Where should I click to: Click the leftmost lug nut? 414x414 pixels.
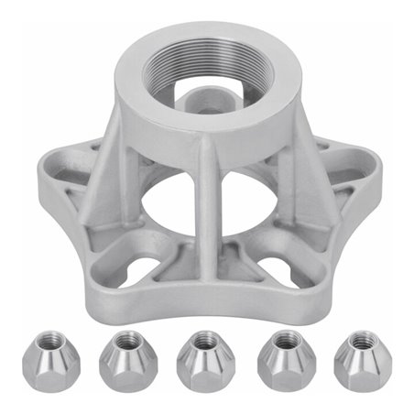(51, 360)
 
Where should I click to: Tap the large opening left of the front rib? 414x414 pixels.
(169, 197)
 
